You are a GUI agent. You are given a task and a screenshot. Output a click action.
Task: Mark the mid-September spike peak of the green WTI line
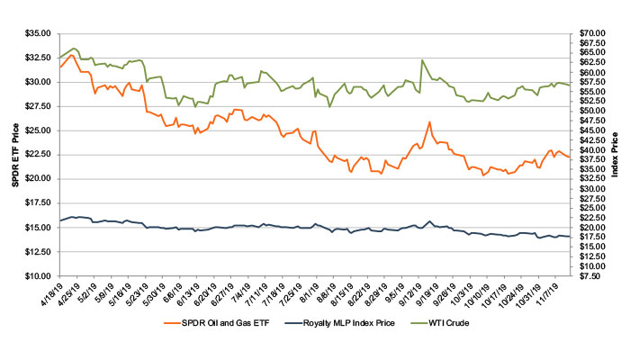(x=422, y=60)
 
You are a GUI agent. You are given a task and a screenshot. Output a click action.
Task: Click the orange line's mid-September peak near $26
(x=429, y=121)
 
